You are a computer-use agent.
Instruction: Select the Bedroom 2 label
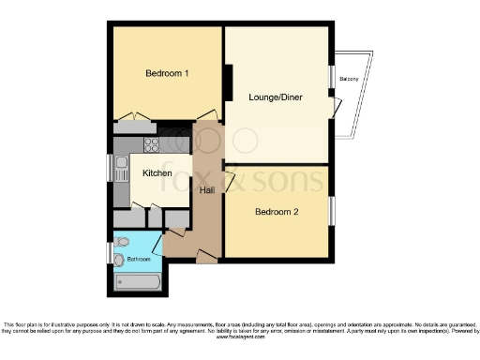coord(277,212)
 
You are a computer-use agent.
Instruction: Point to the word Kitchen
coord(157,173)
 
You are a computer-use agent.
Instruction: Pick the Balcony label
coord(352,79)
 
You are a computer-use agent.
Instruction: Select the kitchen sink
coord(122,170)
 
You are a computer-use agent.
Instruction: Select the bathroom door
coord(157,246)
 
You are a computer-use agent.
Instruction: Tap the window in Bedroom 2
coord(331,211)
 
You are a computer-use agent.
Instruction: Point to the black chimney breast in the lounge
coord(228,82)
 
